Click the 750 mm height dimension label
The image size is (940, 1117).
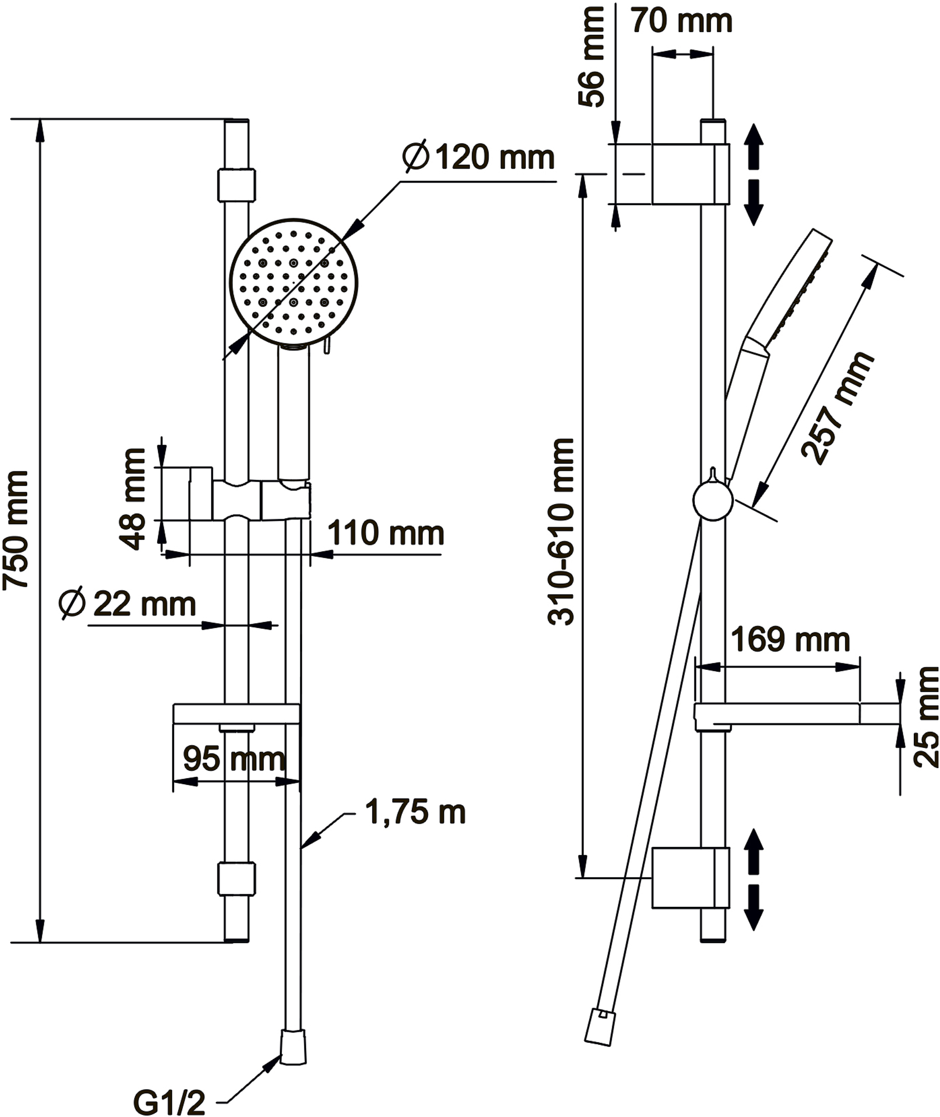(x=16, y=530)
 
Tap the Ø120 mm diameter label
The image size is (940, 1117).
(x=479, y=158)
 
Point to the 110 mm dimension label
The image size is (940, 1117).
(x=385, y=533)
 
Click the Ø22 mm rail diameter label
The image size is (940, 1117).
(x=128, y=604)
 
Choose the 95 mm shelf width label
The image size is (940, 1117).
(x=233, y=759)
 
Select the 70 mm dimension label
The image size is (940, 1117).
(x=682, y=21)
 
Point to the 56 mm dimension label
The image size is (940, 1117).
(x=593, y=57)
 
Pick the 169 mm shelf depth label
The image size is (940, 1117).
(x=790, y=640)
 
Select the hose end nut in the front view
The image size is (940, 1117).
(x=293, y=1047)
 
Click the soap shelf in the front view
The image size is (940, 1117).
(x=236, y=714)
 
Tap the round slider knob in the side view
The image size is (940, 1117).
(x=713, y=500)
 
